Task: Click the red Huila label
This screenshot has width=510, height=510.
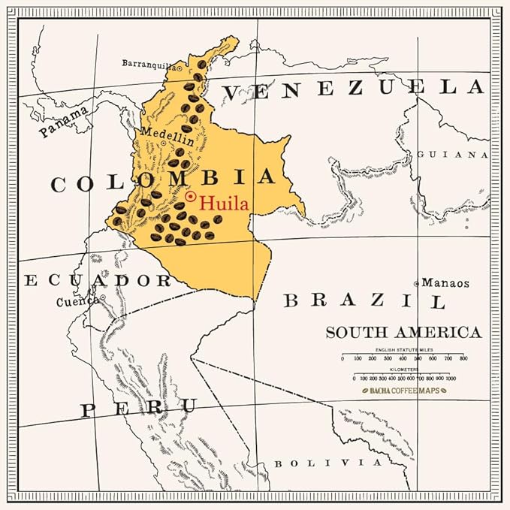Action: (224, 203)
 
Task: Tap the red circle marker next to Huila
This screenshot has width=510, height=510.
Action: (191, 197)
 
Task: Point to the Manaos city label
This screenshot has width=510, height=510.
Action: (445, 283)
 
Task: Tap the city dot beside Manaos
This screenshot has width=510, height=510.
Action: (417, 283)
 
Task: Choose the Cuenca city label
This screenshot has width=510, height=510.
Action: (77, 303)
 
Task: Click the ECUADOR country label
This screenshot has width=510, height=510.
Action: (98, 281)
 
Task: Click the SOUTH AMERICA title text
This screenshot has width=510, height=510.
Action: (403, 332)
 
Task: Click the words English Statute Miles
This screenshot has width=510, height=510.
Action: (403, 350)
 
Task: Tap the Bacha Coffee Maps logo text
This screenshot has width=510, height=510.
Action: (403, 391)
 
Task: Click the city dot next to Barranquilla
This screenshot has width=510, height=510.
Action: (180, 67)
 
